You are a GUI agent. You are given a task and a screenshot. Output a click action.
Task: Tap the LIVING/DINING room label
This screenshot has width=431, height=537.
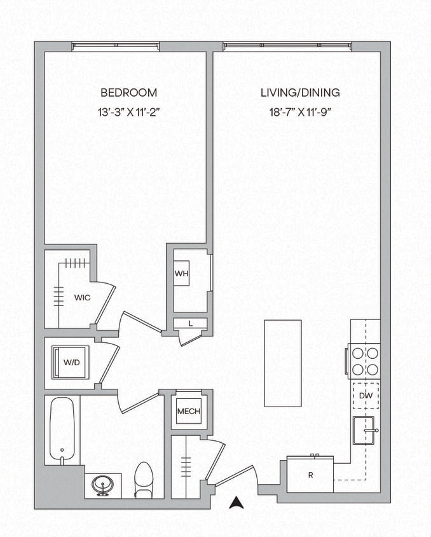coord(300,92)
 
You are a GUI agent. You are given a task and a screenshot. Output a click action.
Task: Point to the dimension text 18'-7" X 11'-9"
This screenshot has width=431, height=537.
coord(300,112)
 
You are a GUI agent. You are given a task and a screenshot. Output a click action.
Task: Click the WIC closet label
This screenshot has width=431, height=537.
coord(81,297)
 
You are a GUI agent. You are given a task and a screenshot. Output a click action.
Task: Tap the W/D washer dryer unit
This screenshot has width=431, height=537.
coord(71,363)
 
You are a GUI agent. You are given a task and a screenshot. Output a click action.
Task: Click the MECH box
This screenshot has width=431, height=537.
coord(189,412)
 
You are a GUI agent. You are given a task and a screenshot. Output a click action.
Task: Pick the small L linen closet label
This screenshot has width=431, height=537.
coord(190,324)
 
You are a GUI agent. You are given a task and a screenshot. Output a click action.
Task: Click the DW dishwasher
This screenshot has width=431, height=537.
coord(365,396)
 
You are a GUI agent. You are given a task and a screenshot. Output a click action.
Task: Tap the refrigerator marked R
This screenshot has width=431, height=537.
coord(310,475)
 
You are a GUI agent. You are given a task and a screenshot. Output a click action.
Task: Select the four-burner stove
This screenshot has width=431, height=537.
coord(364,361)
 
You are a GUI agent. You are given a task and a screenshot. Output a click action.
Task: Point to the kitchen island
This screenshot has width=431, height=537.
coord(283,363)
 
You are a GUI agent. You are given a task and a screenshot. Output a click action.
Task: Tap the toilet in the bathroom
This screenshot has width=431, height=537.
coord(144,479)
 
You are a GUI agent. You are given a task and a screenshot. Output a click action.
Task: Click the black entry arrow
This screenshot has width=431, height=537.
coord(236,503)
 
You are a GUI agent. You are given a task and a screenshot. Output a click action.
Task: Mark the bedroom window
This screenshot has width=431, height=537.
coord(115,46)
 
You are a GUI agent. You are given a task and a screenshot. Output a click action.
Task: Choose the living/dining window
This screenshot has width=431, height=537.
coord(287,46)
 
